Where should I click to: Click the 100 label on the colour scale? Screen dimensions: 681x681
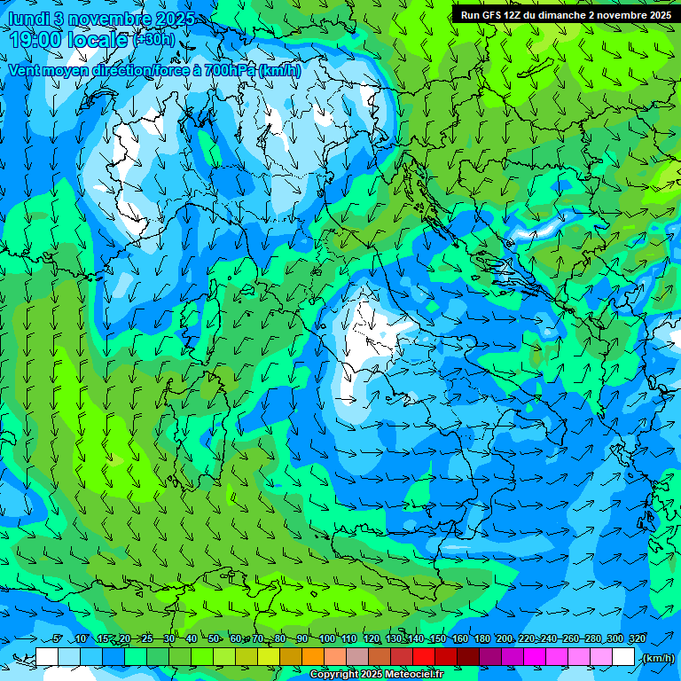click(326, 639)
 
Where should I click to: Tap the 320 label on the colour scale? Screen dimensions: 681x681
click(637, 639)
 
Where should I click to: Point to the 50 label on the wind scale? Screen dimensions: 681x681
click(215, 639)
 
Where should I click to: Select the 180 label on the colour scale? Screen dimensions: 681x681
click(481, 639)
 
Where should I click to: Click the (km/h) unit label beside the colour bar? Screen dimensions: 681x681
click(658, 658)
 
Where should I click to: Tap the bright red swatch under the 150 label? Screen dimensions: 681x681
click(424, 657)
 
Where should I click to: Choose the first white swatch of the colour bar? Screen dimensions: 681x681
click(47, 657)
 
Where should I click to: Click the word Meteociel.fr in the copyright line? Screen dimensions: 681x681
click(414, 675)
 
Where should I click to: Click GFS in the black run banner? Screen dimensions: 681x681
click(499, 14)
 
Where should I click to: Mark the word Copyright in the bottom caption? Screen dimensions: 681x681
click(333, 675)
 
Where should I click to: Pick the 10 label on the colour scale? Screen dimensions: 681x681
click(81, 639)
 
